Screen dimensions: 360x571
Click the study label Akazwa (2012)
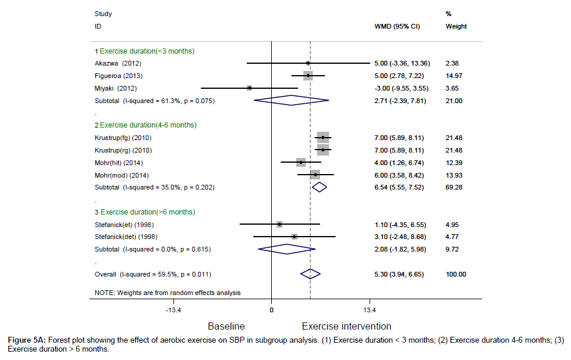(x=118, y=63)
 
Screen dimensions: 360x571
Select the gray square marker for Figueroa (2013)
(x=308, y=76)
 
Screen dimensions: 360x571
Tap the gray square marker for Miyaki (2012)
(x=249, y=88)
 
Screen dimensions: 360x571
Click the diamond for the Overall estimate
(x=311, y=274)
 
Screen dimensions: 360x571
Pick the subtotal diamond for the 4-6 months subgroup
(x=319, y=187)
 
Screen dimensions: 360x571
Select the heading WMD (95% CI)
(x=396, y=26)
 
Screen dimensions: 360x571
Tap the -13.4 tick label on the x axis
(x=173, y=311)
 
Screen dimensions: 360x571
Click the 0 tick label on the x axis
(x=271, y=311)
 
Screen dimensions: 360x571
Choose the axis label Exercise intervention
(x=346, y=326)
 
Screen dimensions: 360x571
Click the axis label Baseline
(x=226, y=326)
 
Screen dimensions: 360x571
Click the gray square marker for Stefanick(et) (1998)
(x=280, y=224)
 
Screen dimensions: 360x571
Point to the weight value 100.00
(x=456, y=274)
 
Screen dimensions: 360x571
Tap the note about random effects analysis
(x=167, y=292)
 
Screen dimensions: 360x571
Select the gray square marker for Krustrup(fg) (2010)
(x=322, y=138)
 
